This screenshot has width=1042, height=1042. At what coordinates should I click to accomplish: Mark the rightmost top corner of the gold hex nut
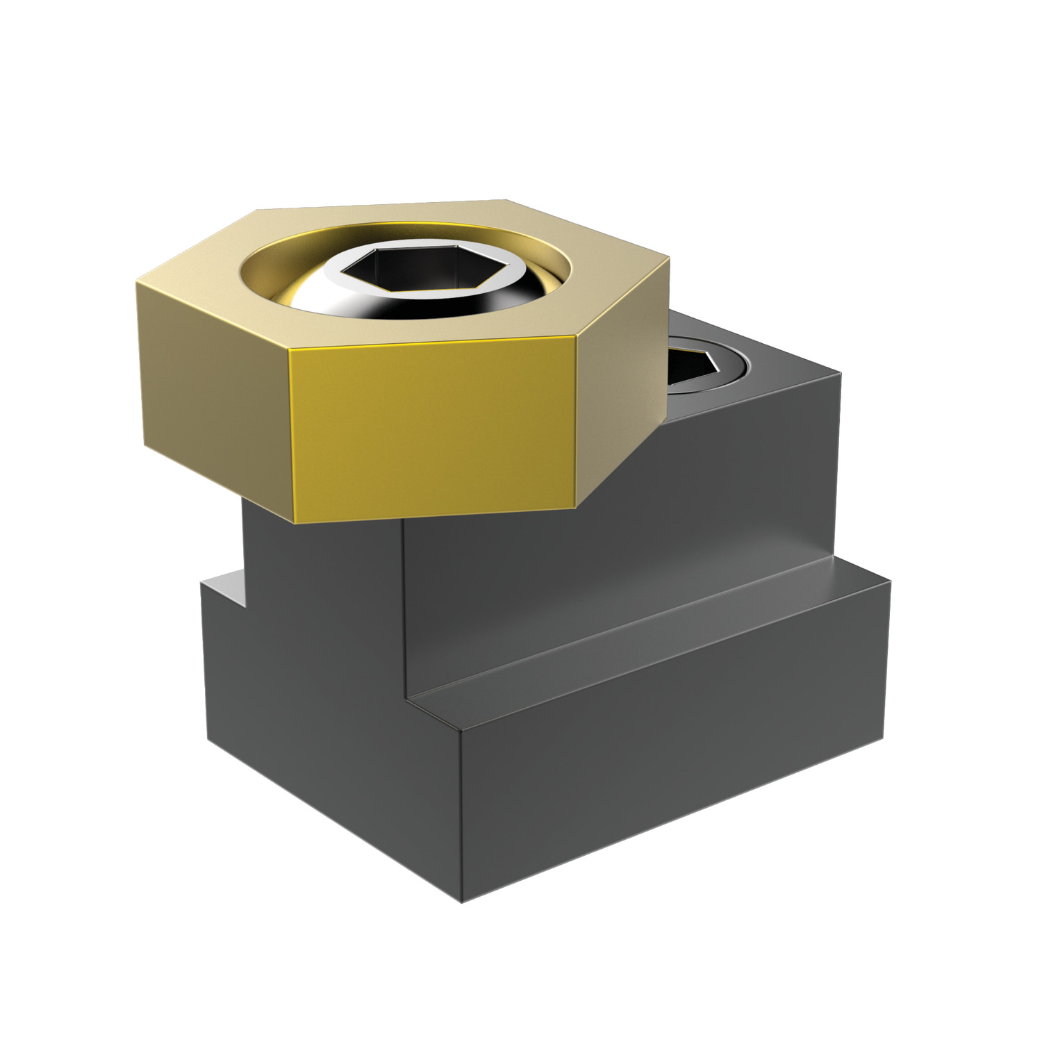pyautogui.click(x=670, y=258)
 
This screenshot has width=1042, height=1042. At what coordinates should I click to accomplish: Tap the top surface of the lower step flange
pyautogui.click(x=660, y=646)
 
